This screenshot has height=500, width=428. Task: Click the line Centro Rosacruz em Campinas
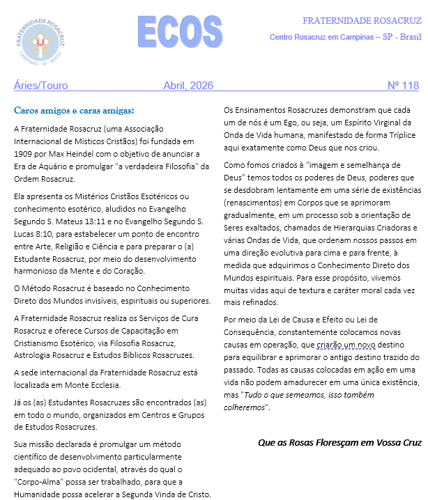pos(344,36)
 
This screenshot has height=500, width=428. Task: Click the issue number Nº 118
pos(403,86)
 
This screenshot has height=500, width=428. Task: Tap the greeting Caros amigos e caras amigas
pos(74,110)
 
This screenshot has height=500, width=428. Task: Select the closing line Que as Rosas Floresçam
pos(339,442)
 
